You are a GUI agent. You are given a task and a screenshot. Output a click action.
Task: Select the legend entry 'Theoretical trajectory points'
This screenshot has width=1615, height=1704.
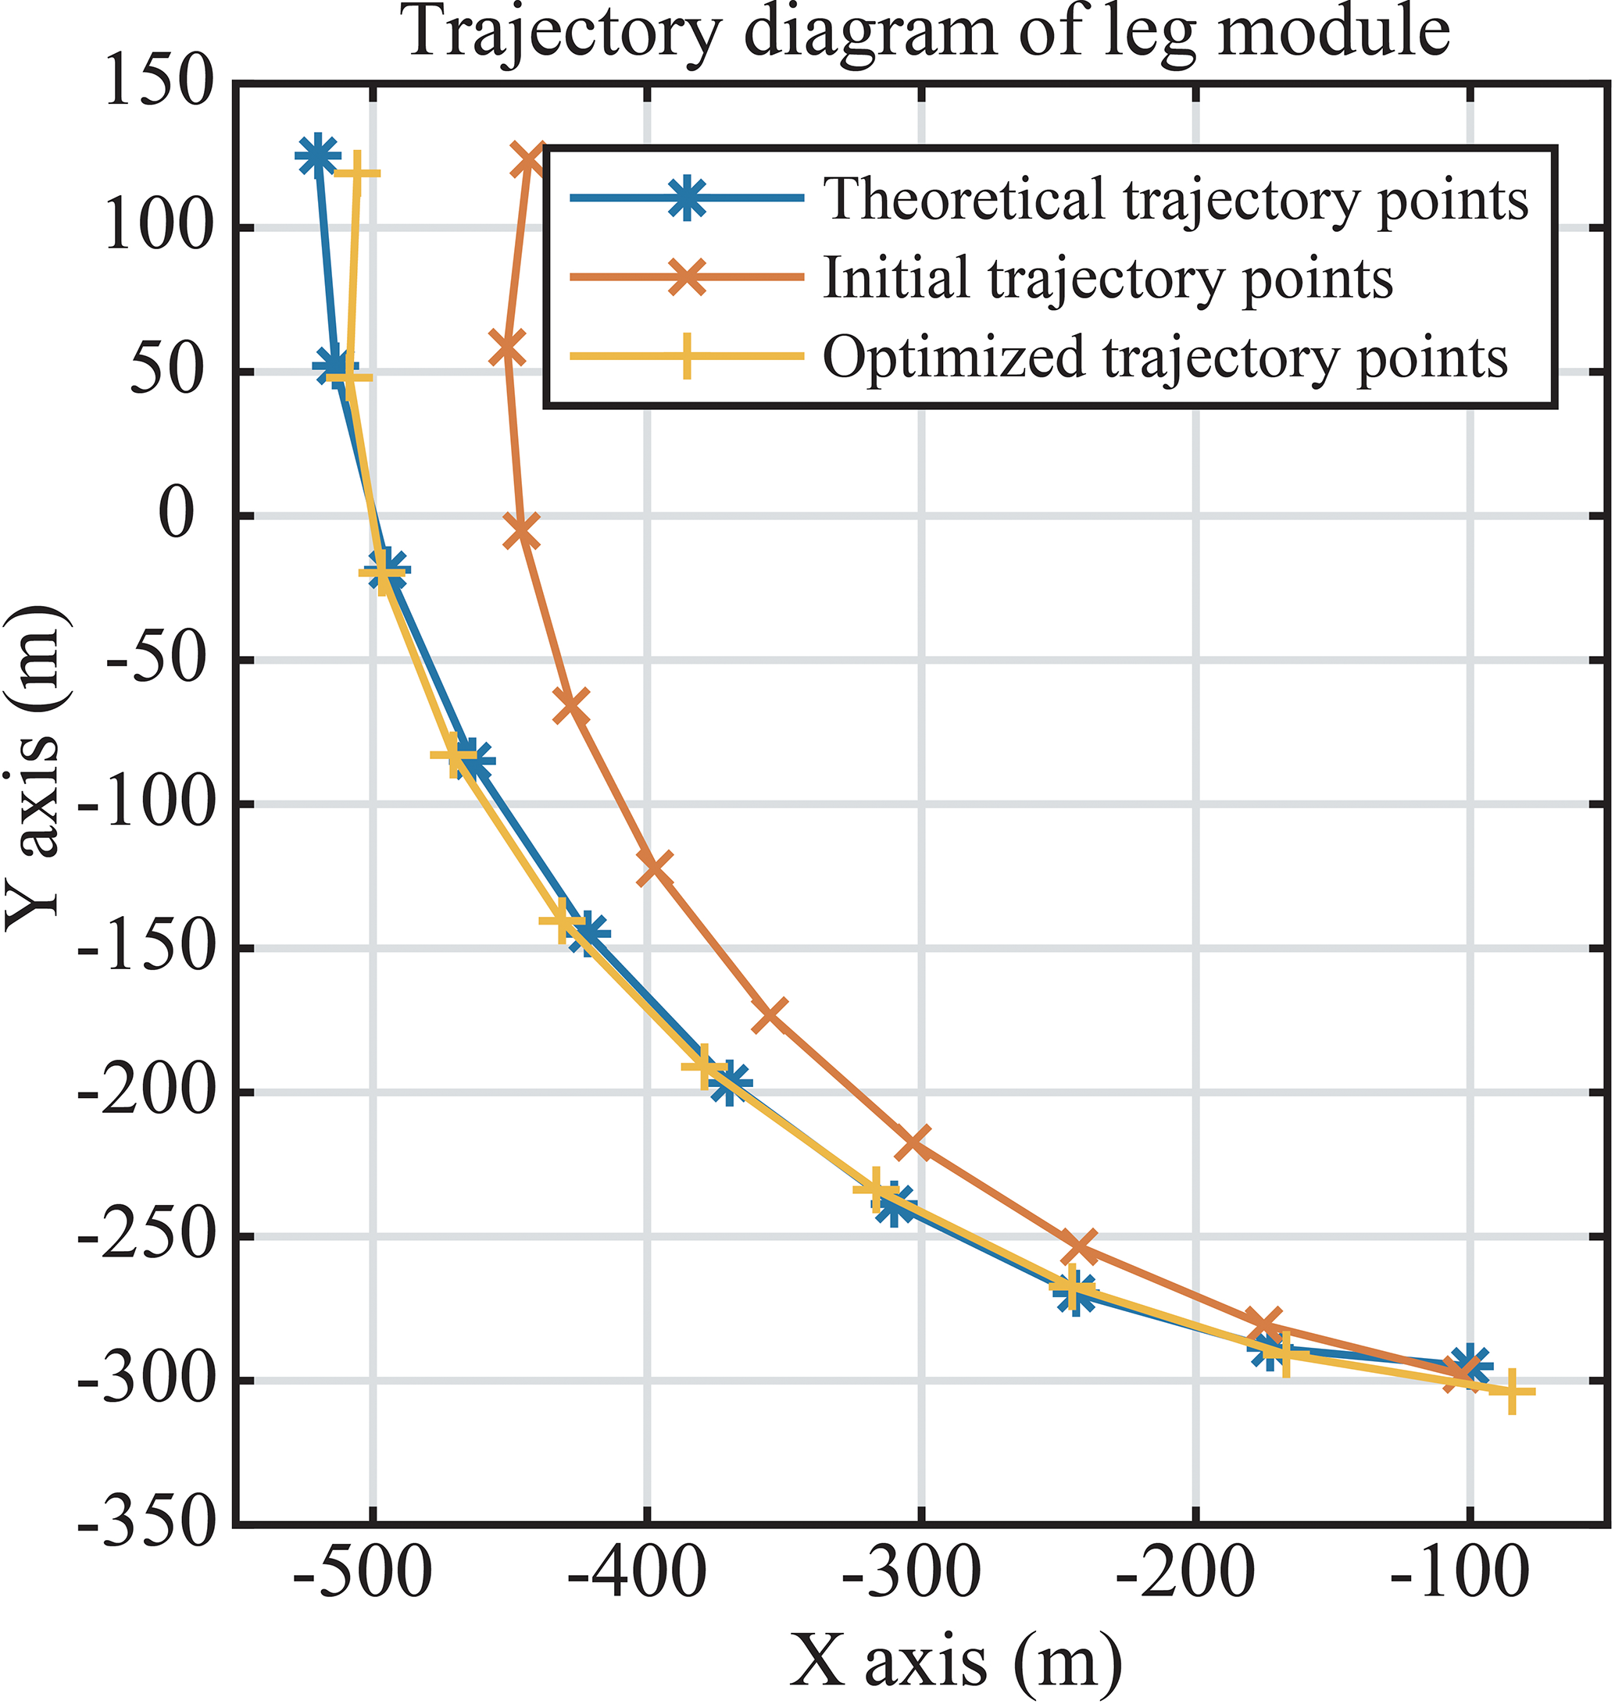1176,200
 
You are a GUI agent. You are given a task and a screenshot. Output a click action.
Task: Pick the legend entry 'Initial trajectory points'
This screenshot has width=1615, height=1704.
1108,278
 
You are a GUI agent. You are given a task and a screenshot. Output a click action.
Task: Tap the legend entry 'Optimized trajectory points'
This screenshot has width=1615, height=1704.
1166,356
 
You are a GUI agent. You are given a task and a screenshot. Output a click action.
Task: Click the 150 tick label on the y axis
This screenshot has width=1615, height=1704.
159,84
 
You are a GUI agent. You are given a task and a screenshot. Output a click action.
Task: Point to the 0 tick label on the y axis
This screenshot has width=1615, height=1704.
178,515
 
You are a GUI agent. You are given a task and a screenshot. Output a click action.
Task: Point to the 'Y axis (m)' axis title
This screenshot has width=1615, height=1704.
34,766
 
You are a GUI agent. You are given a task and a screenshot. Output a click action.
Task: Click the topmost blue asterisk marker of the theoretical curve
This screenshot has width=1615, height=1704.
316,155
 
